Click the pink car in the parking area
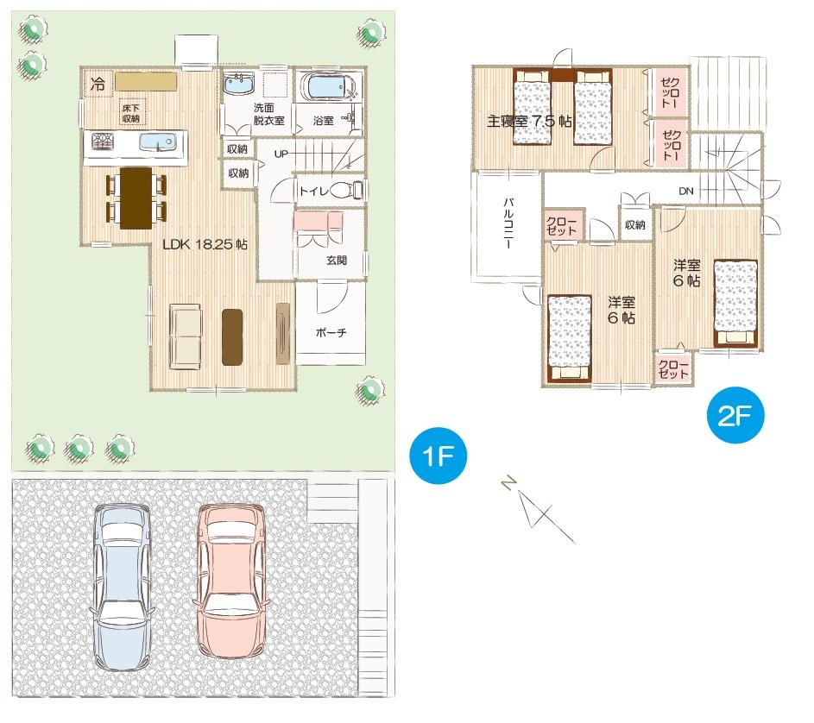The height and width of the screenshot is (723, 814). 229,582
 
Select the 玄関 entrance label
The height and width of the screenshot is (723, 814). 337,260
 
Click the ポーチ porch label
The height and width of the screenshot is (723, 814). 331,334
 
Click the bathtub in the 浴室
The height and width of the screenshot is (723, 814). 327,88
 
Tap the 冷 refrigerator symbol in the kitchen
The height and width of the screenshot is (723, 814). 98,85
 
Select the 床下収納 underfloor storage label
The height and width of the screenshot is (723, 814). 131,113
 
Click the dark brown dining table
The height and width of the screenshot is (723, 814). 136,198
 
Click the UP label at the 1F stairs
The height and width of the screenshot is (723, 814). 281,154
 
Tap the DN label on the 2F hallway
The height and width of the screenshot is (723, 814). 685,191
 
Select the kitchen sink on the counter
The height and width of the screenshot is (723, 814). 157,141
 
